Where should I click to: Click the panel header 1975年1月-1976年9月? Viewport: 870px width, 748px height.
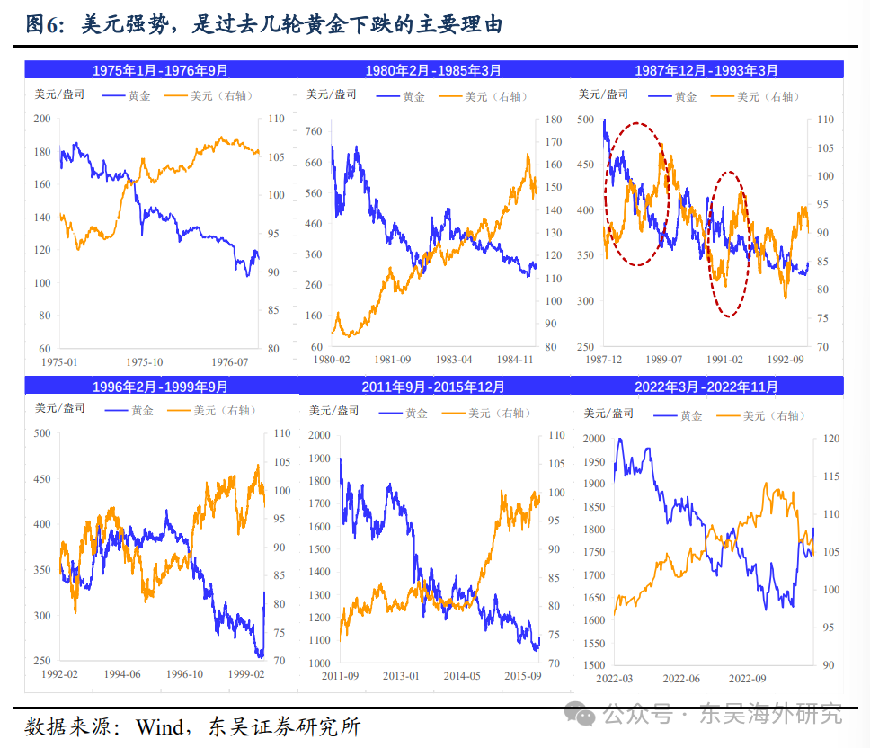click(160, 70)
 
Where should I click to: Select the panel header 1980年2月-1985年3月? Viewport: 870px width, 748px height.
click(433, 70)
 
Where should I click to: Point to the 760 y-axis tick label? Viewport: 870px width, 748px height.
click(313, 131)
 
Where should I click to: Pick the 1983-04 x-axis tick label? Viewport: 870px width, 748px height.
click(453, 360)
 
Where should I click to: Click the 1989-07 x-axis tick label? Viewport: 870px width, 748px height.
click(664, 360)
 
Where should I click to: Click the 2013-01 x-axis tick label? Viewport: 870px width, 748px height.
click(402, 676)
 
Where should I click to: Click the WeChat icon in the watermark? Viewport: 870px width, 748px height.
click(586, 715)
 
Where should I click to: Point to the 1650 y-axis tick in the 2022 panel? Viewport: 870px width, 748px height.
click(595, 598)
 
